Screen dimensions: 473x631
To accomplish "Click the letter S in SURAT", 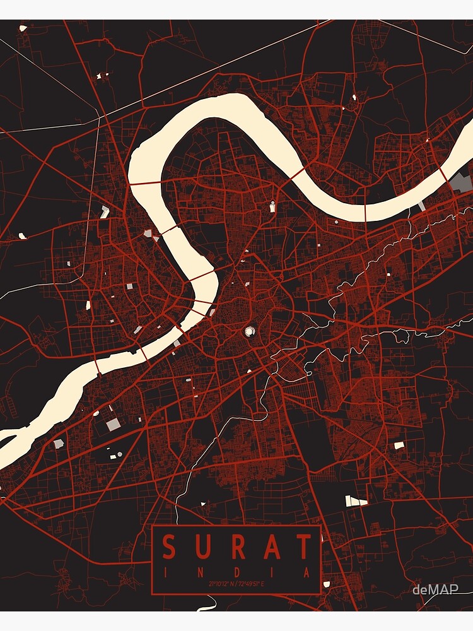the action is point(168,547).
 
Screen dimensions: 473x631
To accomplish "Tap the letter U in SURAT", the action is point(202,547).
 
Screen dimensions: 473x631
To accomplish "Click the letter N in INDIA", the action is point(202,573).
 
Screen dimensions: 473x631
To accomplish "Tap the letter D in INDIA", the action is point(237,573).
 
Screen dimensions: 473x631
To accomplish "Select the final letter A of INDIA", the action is point(307,573).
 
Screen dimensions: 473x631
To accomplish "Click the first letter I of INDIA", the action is point(167,573).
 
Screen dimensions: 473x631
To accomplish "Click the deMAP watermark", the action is point(435,590).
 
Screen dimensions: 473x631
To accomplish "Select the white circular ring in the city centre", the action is point(250,331).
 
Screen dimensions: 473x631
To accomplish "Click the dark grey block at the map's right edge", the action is point(462,183).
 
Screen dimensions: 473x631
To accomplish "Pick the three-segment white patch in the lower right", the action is point(356,501).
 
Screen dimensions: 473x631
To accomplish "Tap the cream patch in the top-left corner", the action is point(23,28).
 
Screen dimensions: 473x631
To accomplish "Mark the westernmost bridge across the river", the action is point(97,366).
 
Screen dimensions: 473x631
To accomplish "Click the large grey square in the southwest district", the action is point(113,425).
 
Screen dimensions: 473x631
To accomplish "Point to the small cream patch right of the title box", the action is point(327,584).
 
